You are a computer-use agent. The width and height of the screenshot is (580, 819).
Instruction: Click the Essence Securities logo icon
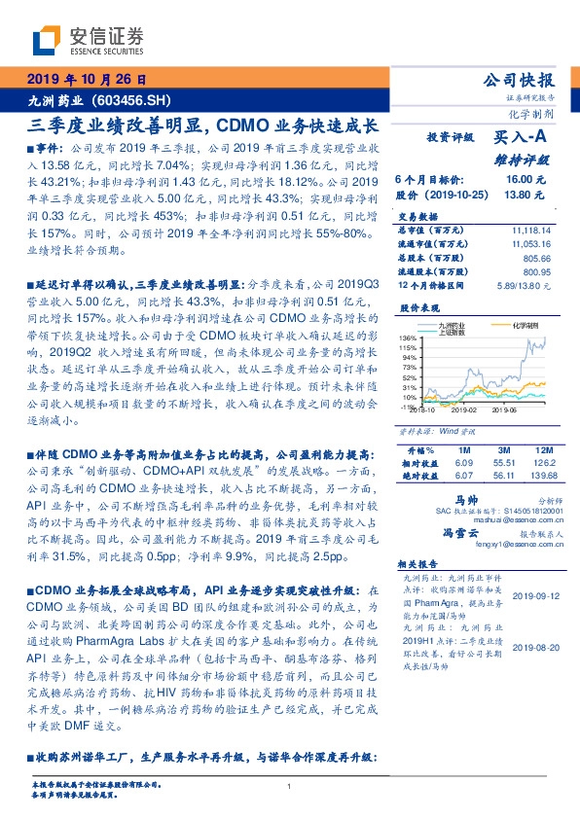(x=46, y=40)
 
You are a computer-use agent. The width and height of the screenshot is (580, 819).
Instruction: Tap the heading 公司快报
(x=531, y=80)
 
